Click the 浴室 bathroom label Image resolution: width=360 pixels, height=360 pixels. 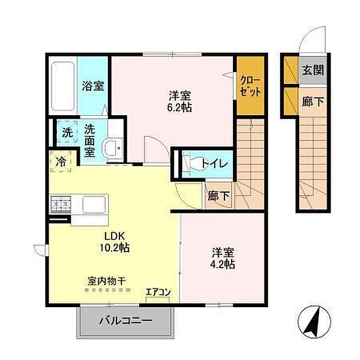pyautogui.click(x=93, y=85)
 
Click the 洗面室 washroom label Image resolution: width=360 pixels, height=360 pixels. pyautogui.click(x=89, y=139)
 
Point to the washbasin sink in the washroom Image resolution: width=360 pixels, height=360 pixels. pyautogui.click(x=112, y=148)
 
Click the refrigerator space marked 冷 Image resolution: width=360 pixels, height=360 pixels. pyautogui.click(x=61, y=161)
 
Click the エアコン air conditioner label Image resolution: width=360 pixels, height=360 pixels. pyautogui.click(x=158, y=292)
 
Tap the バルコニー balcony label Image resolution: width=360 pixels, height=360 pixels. pyautogui.click(x=125, y=321)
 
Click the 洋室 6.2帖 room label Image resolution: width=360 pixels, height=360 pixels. pyautogui.click(x=180, y=100)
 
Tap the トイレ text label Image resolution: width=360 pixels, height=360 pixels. pyautogui.click(x=214, y=163)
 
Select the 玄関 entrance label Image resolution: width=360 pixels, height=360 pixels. pyautogui.click(x=312, y=70)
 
